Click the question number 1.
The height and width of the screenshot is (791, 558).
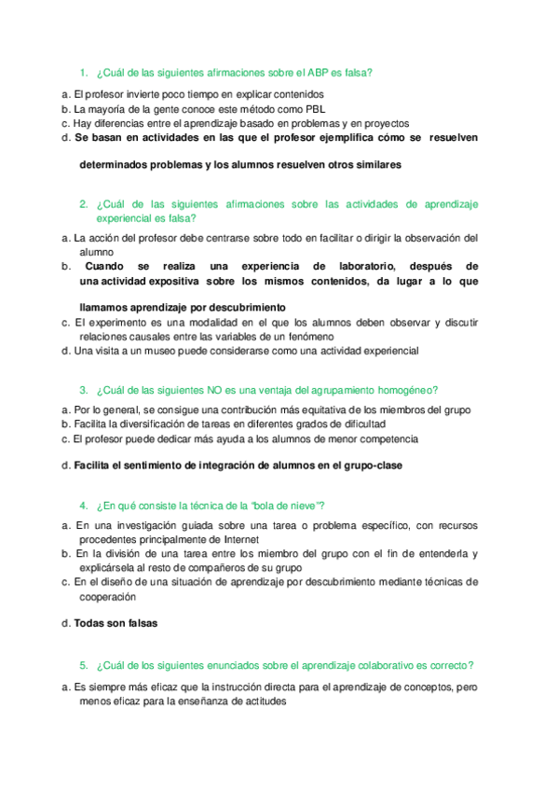click(83, 73)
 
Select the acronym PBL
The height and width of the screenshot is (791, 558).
click(315, 108)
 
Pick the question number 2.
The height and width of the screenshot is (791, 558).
click(83, 204)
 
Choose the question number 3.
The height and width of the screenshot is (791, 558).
click(83, 390)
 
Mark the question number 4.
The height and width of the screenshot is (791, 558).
click(83, 505)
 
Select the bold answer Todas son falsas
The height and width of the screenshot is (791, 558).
click(116, 624)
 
